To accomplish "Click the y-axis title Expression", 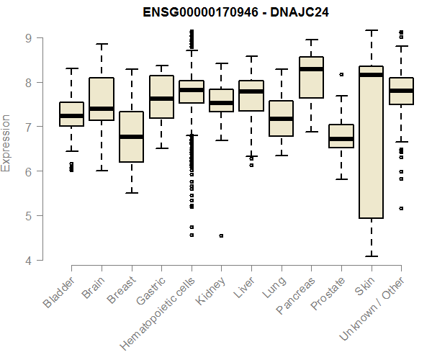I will (6, 143).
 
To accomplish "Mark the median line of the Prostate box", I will (341, 139).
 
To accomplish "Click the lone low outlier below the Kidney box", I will (221, 235).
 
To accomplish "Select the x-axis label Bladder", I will (59, 295).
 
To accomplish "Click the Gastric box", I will (161, 107).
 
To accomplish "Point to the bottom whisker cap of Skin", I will (371, 256).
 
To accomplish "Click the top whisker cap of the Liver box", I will (251, 56).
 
